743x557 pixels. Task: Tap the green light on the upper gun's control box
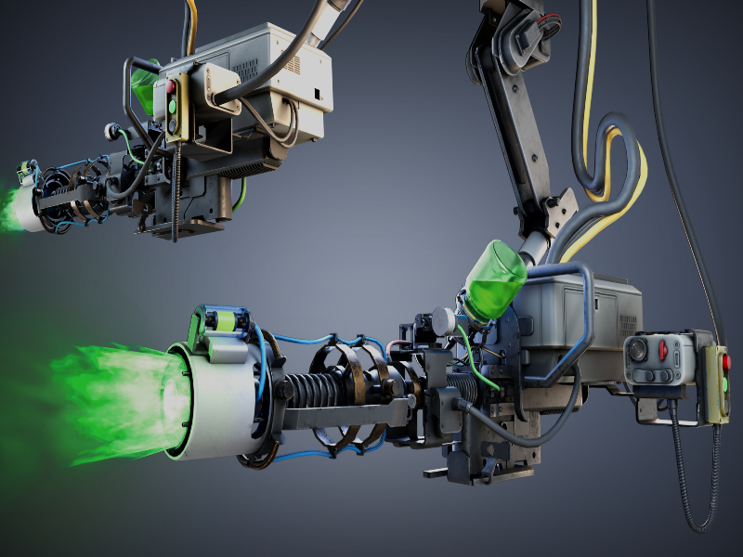click(172, 107)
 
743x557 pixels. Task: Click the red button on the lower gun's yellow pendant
click(725, 362)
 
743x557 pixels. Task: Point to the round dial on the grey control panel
click(639, 352)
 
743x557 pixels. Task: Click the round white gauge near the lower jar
click(443, 320)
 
